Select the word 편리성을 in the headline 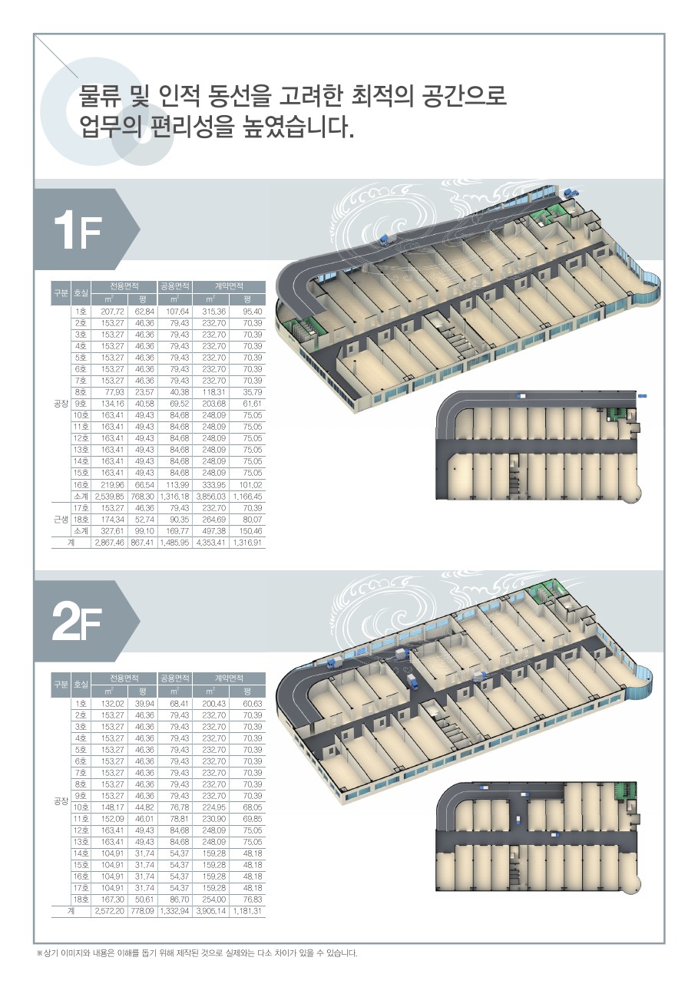point(192,126)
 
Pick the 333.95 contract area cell point(213,485)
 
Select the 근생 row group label point(61,519)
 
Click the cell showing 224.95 point(213,807)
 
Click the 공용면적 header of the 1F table point(174,286)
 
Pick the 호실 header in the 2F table point(81,684)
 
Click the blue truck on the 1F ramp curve point(387,239)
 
